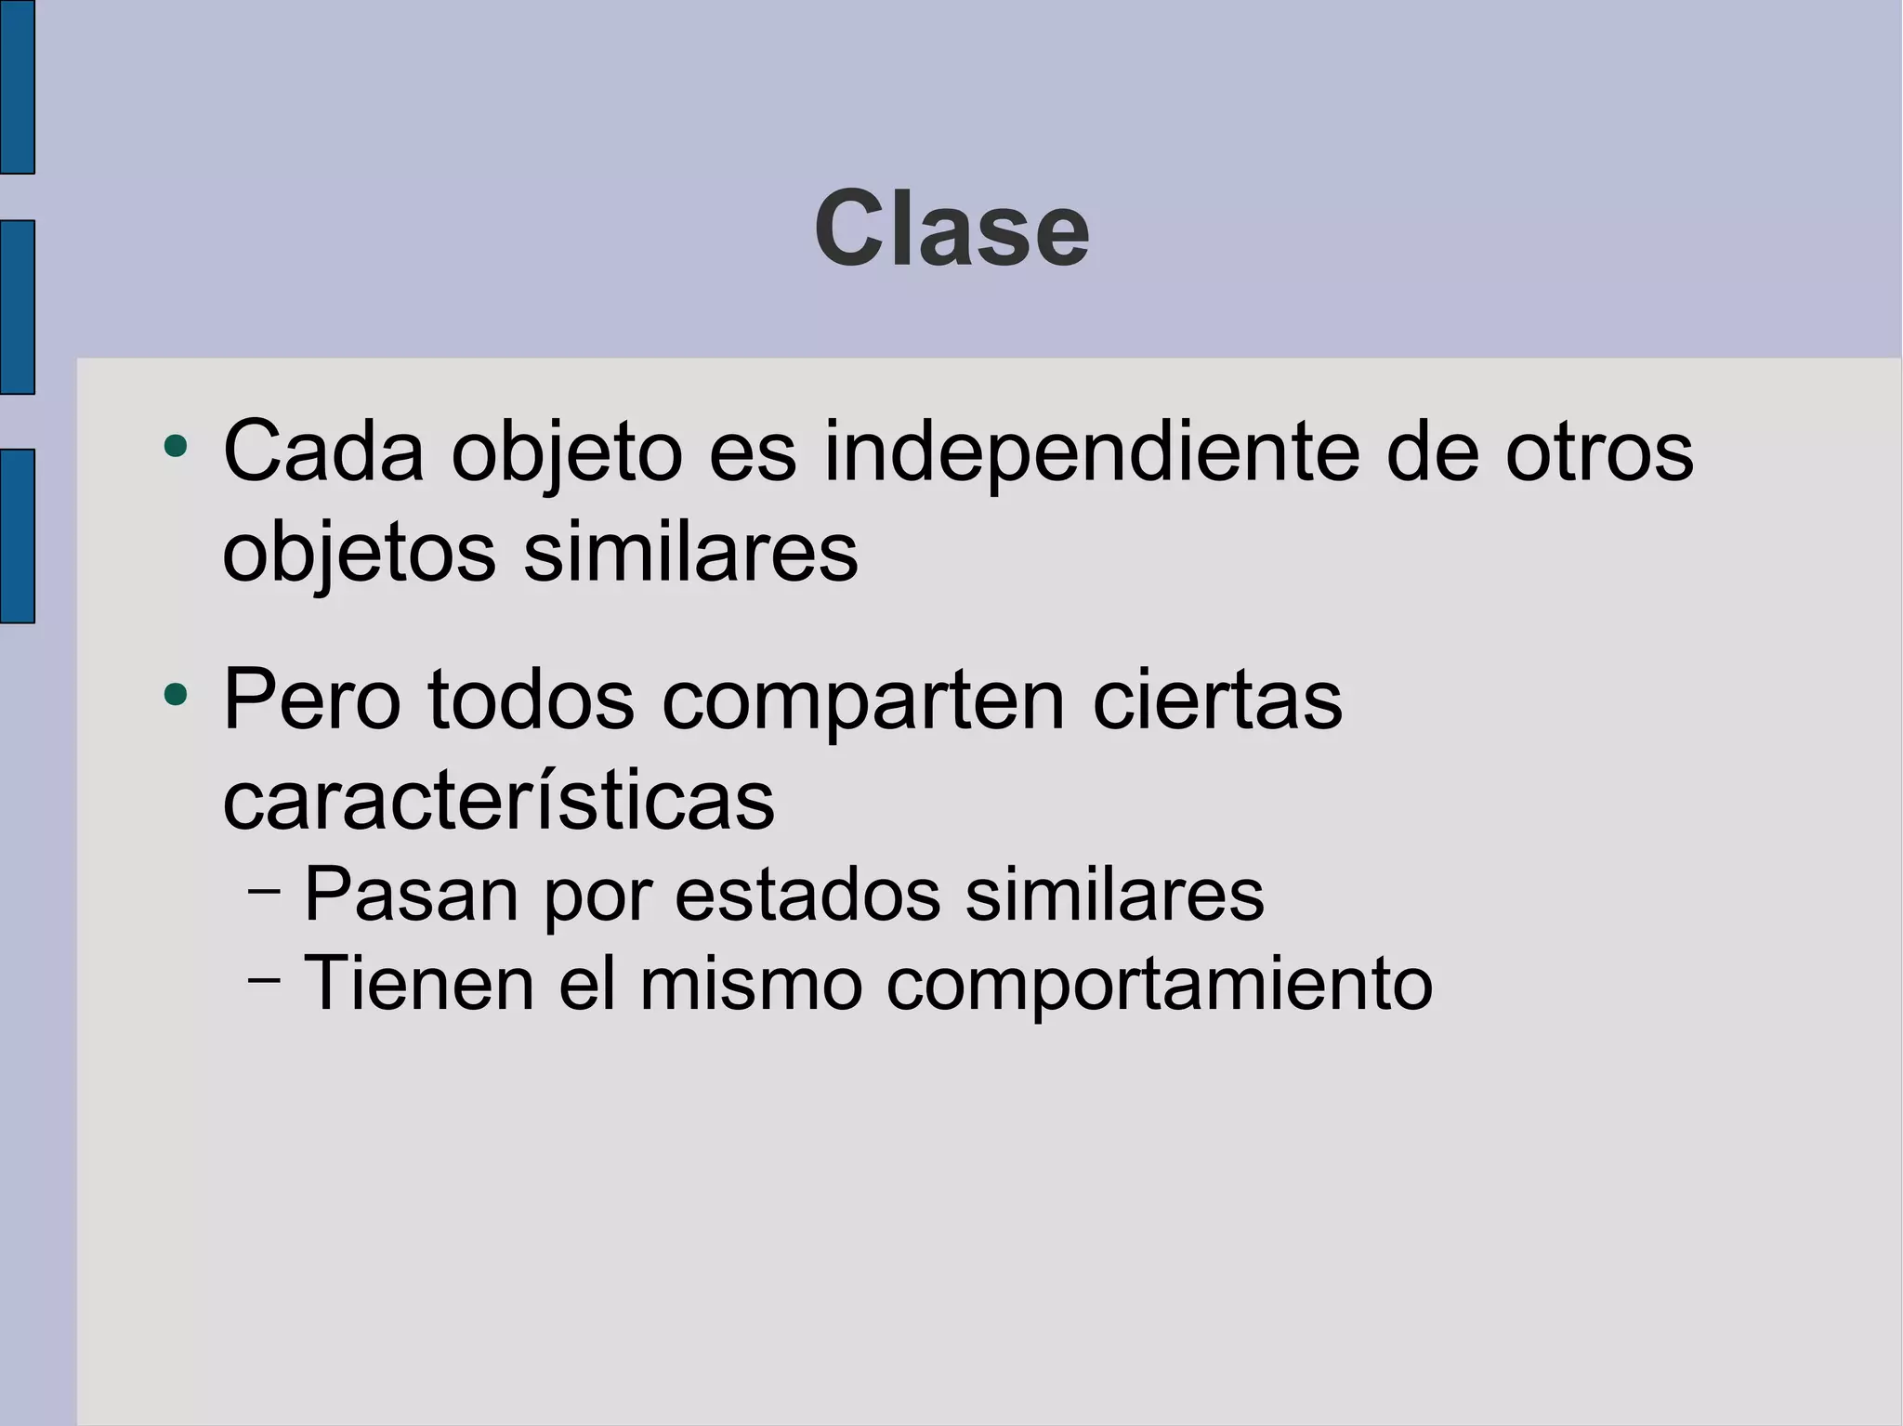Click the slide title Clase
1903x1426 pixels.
[x=951, y=229]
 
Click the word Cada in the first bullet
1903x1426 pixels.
[x=323, y=451]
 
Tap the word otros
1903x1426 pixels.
[x=1599, y=451]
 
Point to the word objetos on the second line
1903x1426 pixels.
[x=359, y=554]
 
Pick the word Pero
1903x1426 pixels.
[x=311, y=700]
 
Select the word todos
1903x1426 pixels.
[x=531, y=700]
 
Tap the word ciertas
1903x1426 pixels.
[x=1217, y=700]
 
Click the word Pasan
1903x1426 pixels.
[x=411, y=895]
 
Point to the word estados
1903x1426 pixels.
[x=807, y=895]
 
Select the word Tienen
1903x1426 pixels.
[x=419, y=983]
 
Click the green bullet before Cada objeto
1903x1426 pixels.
[x=175, y=447]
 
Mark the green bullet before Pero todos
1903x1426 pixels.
[x=175, y=694]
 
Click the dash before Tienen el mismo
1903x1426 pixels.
[x=265, y=979]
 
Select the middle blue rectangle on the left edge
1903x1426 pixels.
[x=17, y=307]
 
